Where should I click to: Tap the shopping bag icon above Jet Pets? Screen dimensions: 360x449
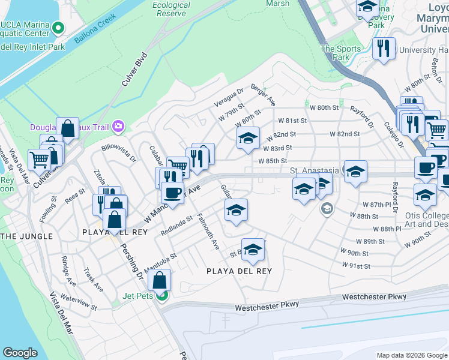click(x=160, y=281)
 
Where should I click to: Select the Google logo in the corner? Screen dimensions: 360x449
click(x=20, y=353)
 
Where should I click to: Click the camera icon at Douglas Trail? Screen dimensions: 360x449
click(x=119, y=126)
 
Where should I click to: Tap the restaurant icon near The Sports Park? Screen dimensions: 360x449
click(x=384, y=47)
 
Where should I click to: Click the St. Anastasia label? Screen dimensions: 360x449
click(x=315, y=170)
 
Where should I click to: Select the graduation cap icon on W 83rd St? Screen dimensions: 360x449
click(x=248, y=139)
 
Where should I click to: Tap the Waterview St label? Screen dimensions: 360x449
click(x=79, y=302)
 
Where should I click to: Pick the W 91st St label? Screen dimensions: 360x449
click(x=355, y=266)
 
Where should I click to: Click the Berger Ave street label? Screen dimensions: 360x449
click(x=263, y=94)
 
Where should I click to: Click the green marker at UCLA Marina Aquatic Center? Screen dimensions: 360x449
click(x=59, y=28)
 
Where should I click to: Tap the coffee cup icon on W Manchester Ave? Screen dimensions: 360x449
click(x=172, y=193)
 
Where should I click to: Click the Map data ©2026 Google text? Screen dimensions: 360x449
click(x=412, y=355)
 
